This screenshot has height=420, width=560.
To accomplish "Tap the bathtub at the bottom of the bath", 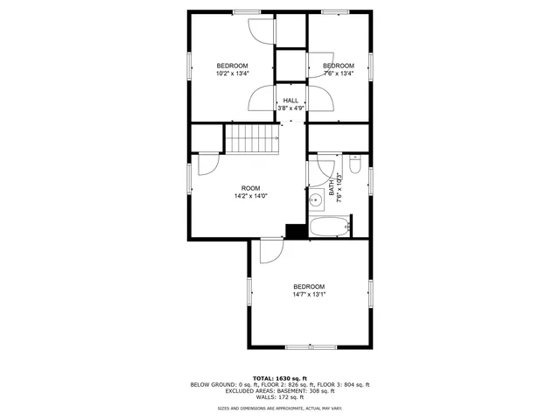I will [x=329, y=228].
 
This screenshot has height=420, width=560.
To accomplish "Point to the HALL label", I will [x=290, y=101].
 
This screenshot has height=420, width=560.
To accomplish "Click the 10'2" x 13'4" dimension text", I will [x=233, y=73].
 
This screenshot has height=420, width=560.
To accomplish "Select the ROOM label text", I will [x=250, y=188].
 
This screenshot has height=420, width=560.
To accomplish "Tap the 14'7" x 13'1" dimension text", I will [x=309, y=295].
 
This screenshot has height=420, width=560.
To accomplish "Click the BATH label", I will [x=332, y=186].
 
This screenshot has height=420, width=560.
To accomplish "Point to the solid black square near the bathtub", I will [x=296, y=230].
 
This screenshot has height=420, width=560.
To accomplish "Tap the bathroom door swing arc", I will [x=326, y=166].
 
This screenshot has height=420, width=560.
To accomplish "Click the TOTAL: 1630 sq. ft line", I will [x=280, y=378].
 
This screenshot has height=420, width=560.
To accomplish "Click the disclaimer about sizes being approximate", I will [x=280, y=409].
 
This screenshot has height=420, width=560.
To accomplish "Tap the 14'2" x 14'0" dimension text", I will [x=250, y=196].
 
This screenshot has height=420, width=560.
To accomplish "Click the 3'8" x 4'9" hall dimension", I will [x=290, y=108].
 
